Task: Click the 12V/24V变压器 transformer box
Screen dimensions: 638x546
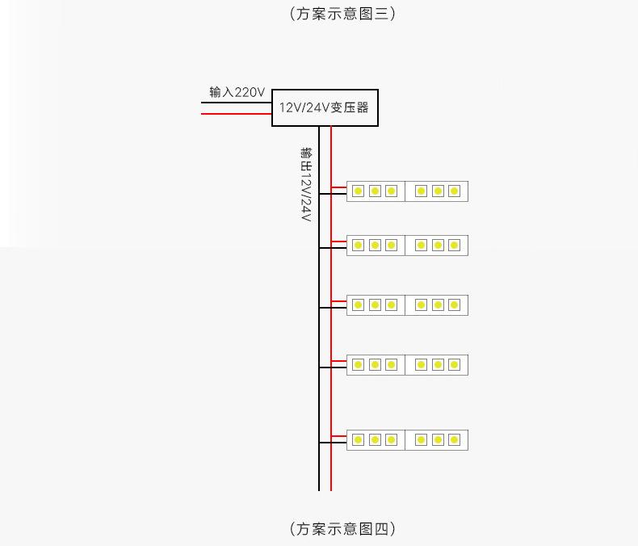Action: click(x=325, y=107)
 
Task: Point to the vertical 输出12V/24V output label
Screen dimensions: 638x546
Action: click(x=305, y=185)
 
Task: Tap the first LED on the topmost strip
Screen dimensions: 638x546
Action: click(x=357, y=191)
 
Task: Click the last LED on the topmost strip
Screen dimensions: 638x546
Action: click(x=454, y=191)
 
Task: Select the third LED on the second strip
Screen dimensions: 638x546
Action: click(x=391, y=245)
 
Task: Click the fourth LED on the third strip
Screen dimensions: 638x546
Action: click(x=421, y=305)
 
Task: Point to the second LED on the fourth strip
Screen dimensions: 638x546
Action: click(x=375, y=365)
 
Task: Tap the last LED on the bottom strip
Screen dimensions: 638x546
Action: click(x=454, y=440)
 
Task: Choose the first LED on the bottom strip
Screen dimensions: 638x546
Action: click(x=357, y=440)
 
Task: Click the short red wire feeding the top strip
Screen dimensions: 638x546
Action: click(x=339, y=187)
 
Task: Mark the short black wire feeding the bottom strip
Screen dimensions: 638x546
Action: click(x=333, y=443)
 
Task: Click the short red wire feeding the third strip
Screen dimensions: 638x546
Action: click(x=339, y=301)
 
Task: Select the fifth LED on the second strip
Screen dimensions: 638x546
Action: click(x=438, y=245)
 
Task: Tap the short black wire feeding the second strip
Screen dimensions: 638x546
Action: click(x=333, y=247)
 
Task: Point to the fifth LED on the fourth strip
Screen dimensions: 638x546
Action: click(x=438, y=365)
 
